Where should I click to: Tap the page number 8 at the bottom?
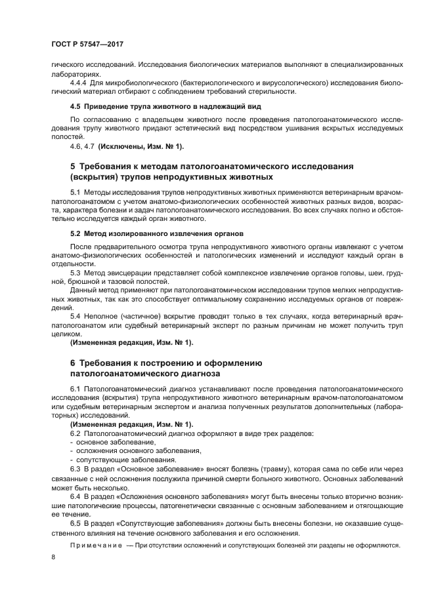coord(54,557)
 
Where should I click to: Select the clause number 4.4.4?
coord(81,83)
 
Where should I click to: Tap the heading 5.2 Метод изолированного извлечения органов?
coord(157,233)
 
